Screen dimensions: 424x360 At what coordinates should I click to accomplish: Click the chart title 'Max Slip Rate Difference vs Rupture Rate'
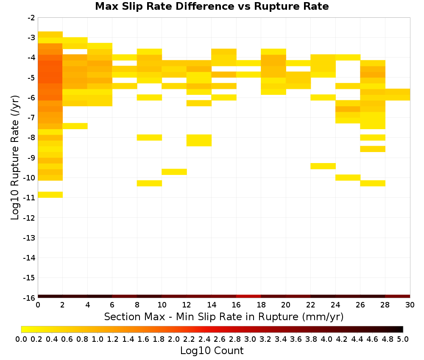point(212,6)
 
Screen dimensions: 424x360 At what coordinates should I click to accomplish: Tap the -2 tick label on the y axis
point(31,18)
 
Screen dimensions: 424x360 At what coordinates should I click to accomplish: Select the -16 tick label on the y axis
point(29,298)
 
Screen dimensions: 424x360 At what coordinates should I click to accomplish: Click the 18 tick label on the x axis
point(261,305)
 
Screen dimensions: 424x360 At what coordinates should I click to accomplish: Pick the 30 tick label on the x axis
point(410,305)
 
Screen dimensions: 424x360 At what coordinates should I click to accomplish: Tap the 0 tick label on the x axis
point(38,305)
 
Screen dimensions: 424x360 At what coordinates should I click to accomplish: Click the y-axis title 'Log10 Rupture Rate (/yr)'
point(15,158)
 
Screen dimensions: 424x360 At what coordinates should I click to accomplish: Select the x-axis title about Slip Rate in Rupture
point(223,316)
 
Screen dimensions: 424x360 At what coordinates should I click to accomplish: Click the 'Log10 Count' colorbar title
point(212,351)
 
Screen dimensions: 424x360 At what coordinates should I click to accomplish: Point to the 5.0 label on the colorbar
point(403,339)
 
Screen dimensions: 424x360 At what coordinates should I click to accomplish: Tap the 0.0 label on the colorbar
point(21,339)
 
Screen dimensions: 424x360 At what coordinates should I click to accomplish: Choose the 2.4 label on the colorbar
point(204,339)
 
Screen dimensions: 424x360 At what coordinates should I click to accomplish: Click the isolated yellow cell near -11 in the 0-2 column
point(50,194)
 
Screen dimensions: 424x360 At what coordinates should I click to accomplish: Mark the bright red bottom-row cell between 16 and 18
point(248,296)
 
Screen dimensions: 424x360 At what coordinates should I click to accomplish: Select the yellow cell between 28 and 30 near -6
point(398,94)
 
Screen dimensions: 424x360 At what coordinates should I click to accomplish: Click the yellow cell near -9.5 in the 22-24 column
point(323,166)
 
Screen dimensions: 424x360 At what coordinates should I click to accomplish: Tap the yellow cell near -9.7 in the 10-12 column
point(174,172)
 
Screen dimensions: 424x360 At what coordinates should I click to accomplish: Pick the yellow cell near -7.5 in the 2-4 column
point(75,126)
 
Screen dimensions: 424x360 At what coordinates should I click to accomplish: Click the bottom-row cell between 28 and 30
point(398,296)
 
